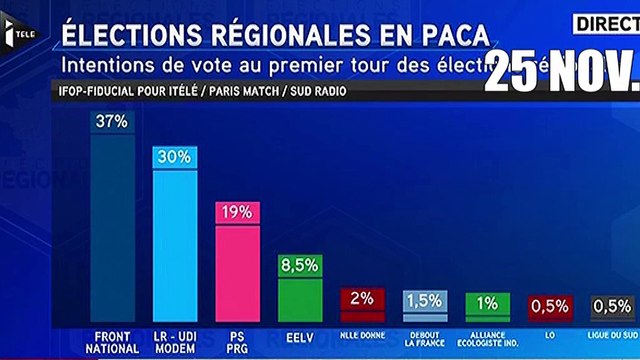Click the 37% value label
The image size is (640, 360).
[112, 121]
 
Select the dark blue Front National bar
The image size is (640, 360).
[112, 225]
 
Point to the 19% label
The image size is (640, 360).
[238, 212]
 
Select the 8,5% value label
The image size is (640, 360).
[300, 264]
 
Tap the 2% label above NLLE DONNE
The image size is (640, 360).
[363, 297]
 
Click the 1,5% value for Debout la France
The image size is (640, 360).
[425, 300]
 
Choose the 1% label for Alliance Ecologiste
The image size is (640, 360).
[488, 302]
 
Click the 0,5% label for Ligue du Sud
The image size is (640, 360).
[611, 304]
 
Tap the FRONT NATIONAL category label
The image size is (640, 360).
[112, 341]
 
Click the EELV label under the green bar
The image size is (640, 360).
[300, 336]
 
